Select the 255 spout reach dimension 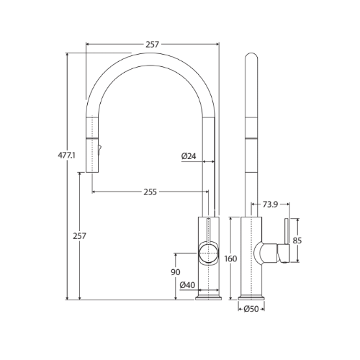150,192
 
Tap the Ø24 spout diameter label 189,155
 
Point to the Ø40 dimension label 186,285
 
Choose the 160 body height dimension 230,259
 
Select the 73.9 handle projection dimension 271,204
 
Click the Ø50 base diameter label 251,310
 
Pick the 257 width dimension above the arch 152,45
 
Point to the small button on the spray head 99,150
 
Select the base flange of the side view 251,297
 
